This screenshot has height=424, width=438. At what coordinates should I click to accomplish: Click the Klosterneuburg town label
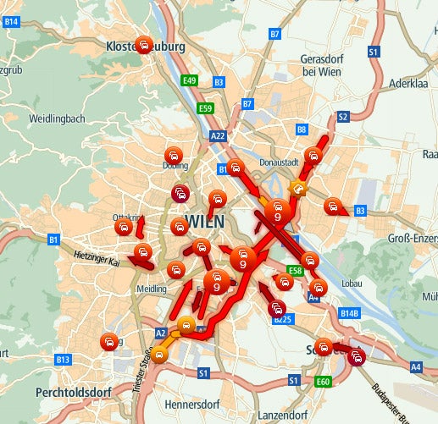coord(145,47)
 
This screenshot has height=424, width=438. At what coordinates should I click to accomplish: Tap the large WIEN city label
coord(204,221)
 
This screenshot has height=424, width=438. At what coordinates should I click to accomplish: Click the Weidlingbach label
coord(57,118)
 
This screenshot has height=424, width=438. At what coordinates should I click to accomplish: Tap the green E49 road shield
coord(190,80)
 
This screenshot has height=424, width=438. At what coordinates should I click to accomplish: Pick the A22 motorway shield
coord(219,135)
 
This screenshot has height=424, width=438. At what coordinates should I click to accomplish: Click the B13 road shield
coord(62,360)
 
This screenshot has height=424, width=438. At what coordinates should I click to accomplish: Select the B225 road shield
coord(283,319)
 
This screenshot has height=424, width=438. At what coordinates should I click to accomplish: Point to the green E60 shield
coord(323,382)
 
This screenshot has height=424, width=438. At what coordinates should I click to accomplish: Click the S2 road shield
coord(342,117)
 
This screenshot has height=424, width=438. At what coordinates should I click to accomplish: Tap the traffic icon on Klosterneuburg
coord(145,46)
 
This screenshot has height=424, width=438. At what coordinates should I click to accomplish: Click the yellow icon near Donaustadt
coord(297,187)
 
